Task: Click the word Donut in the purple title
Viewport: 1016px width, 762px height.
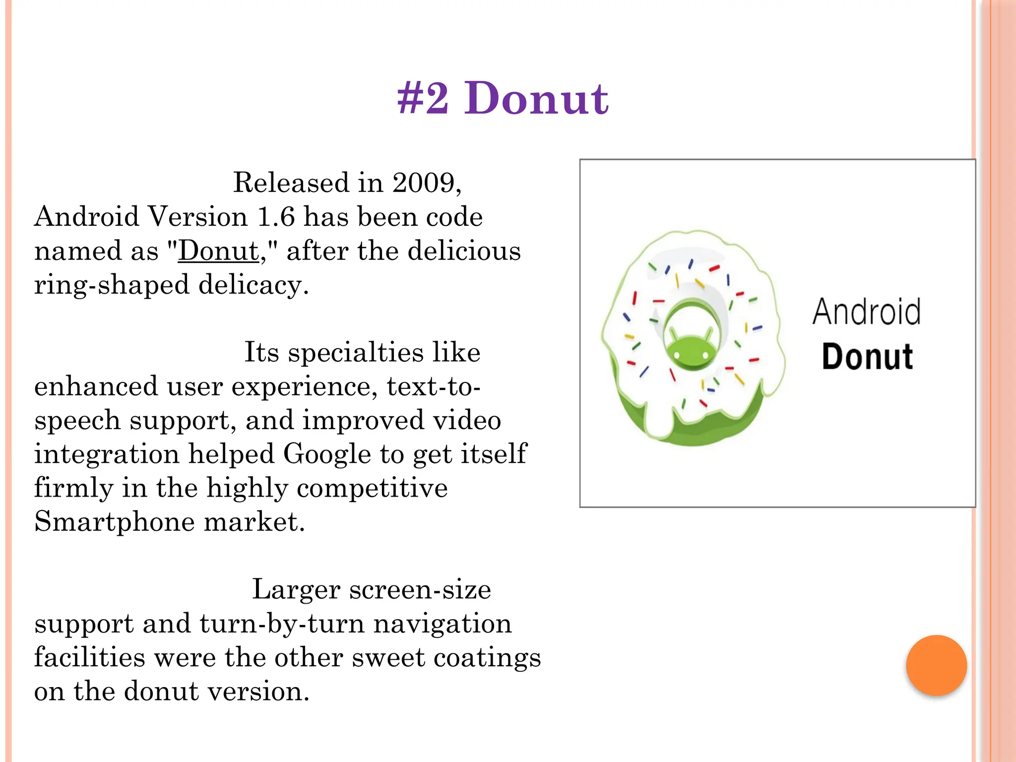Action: [x=536, y=99]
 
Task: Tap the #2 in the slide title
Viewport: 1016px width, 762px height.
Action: [x=423, y=99]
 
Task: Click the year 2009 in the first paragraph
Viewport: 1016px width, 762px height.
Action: [x=423, y=183]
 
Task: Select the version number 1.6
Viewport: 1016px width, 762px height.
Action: [x=276, y=217]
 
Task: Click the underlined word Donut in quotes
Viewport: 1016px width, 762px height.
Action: [x=218, y=251]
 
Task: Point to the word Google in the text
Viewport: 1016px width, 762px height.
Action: [x=327, y=454]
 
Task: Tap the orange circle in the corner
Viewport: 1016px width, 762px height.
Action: [x=936, y=665]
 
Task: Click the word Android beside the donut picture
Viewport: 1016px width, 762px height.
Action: [x=866, y=312]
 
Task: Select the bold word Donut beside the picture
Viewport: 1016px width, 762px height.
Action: [x=867, y=357]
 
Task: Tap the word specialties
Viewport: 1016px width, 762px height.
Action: [x=355, y=353]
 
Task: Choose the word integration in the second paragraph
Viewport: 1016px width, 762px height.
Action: [x=107, y=454]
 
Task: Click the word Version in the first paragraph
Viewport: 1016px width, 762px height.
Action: [x=198, y=217]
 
